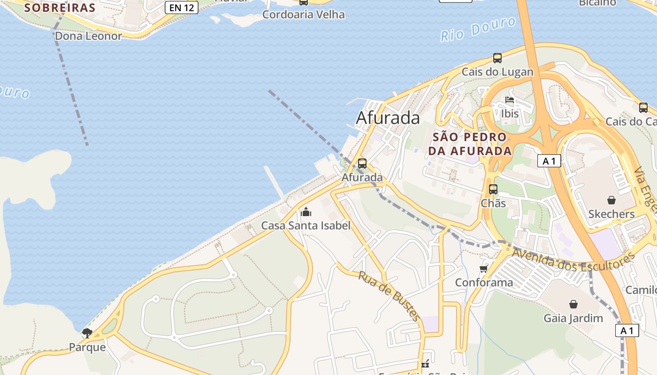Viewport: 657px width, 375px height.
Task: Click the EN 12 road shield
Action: (x=182, y=7)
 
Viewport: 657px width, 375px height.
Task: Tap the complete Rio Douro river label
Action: (x=478, y=29)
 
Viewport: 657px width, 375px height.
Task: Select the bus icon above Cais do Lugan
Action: (x=497, y=58)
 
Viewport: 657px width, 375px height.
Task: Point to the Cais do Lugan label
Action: (x=497, y=72)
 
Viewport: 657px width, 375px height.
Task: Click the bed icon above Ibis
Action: (x=510, y=100)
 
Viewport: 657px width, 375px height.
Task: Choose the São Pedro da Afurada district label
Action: (x=470, y=144)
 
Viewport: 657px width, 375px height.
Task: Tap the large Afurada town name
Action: (x=388, y=118)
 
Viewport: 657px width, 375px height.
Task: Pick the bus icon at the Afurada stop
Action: (x=362, y=164)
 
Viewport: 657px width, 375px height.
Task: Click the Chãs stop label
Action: (x=493, y=203)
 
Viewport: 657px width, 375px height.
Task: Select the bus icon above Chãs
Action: (x=493, y=189)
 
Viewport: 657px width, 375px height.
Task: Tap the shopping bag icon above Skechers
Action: (x=611, y=200)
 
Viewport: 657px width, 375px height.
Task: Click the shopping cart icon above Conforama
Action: (x=484, y=269)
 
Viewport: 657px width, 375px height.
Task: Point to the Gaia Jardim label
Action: (x=573, y=318)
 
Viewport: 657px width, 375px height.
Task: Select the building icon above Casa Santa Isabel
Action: (x=306, y=212)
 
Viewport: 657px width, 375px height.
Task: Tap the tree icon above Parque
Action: (x=87, y=333)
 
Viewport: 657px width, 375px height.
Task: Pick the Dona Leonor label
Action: (x=89, y=36)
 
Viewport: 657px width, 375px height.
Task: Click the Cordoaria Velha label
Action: (x=303, y=15)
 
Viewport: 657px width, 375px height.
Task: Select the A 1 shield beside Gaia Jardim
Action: (x=627, y=330)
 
